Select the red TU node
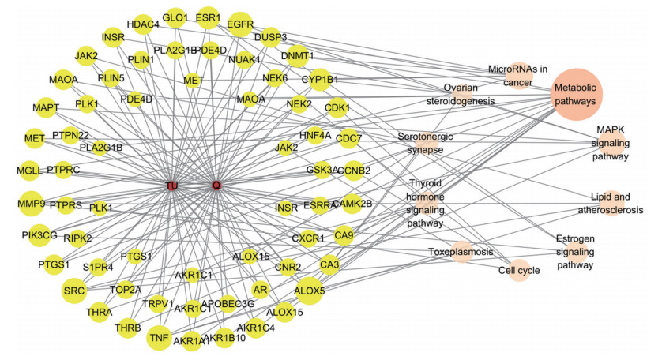click(x=171, y=186)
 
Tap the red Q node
click(x=216, y=186)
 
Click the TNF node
click(x=158, y=336)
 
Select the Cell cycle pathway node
click(x=519, y=271)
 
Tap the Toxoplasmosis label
click(x=461, y=253)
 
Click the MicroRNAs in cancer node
click(x=517, y=74)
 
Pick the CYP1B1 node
click(x=319, y=80)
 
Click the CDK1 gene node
click(x=337, y=108)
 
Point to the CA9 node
click(x=344, y=234)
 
